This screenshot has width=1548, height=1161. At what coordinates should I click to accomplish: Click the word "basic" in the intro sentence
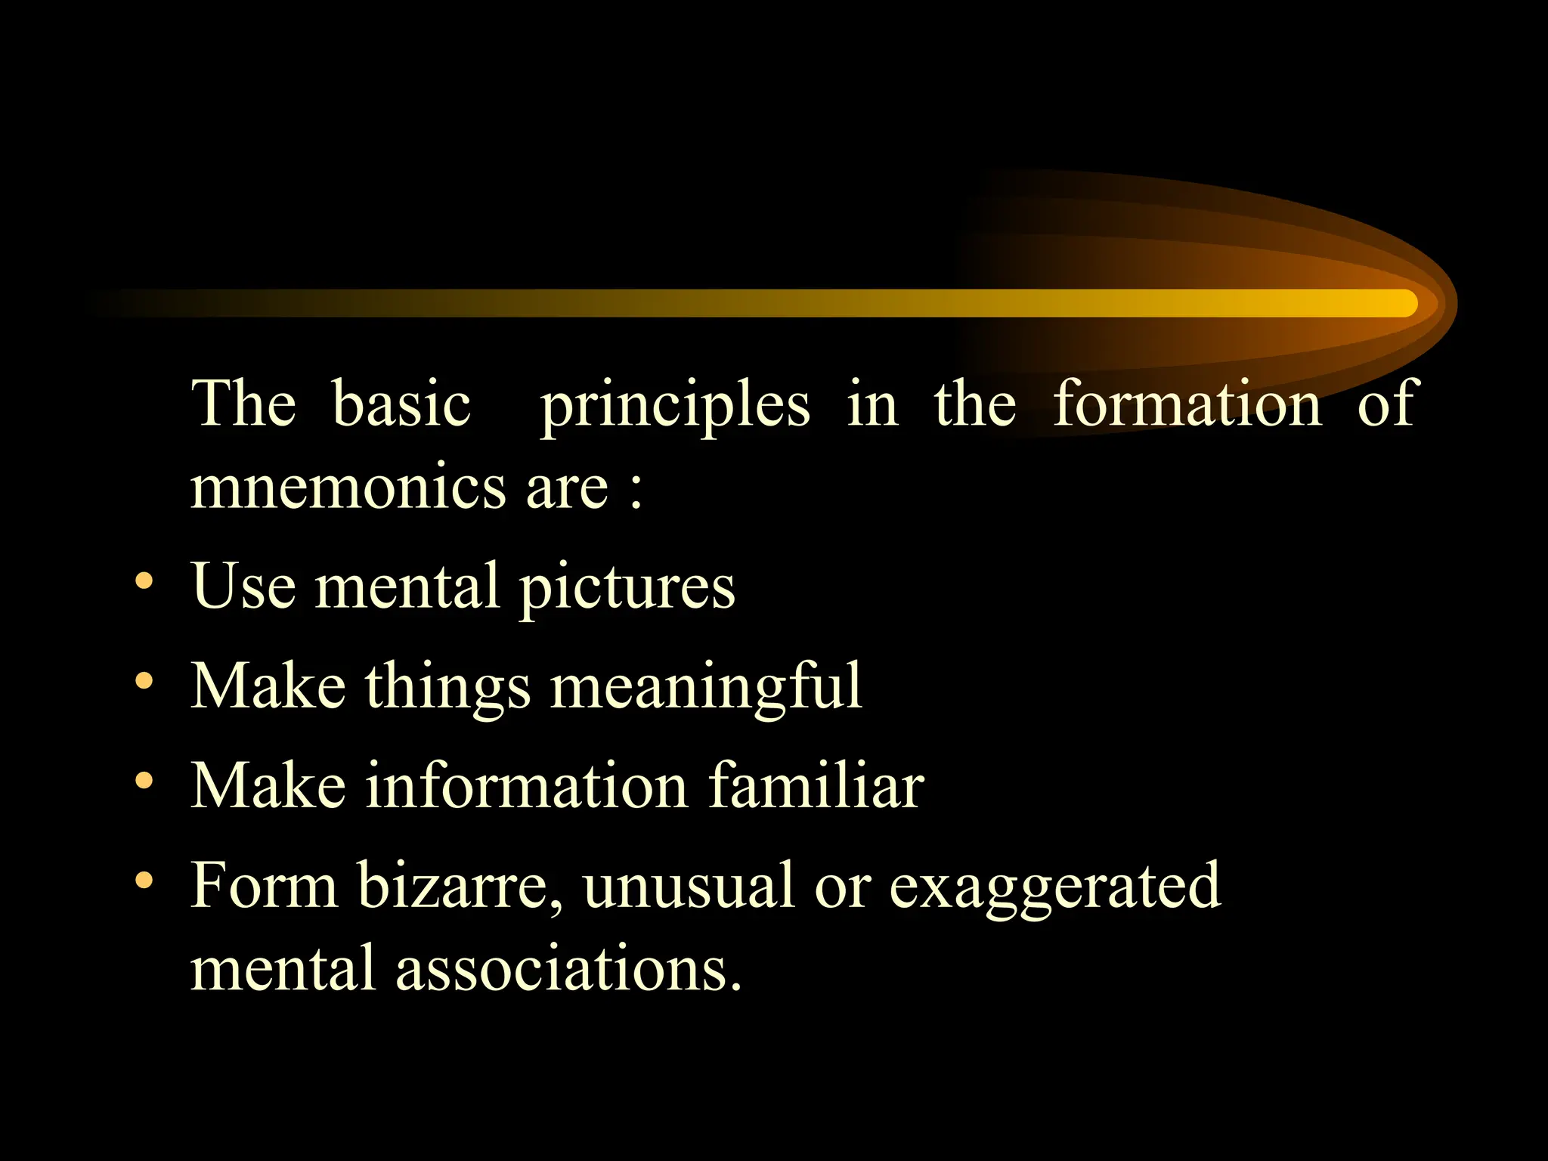coord(401,404)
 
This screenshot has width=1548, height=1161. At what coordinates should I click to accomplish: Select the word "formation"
coord(1187,404)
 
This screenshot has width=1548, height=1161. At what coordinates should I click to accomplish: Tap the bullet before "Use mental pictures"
coord(144,581)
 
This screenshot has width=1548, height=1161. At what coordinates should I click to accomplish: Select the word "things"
coord(448,686)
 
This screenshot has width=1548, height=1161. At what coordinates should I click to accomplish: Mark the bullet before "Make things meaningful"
coord(144,682)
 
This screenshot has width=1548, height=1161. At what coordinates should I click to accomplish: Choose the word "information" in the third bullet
coord(527,785)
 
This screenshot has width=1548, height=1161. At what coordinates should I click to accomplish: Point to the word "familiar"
coord(816,785)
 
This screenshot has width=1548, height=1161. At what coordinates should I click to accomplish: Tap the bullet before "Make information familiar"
coord(144,781)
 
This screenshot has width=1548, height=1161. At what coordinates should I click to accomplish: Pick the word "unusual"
coord(688,886)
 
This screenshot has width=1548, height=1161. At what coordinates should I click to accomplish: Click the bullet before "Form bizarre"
coord(144,881)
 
